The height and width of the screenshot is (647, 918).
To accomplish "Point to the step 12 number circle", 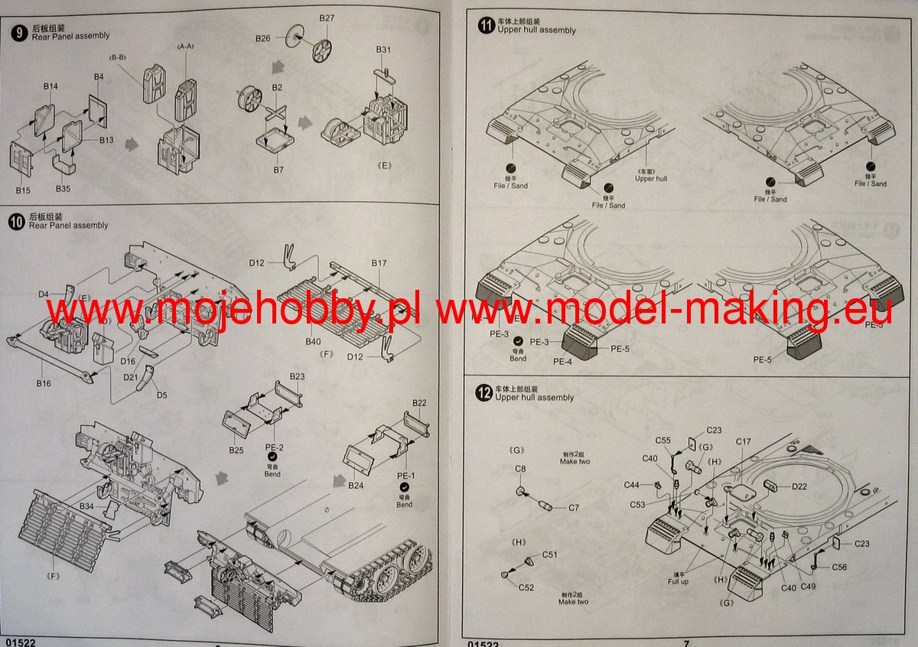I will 483,394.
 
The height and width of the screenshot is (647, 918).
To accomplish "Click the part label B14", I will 50,87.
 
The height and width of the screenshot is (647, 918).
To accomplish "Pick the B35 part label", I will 64,188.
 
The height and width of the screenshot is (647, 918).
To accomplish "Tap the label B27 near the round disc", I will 327,18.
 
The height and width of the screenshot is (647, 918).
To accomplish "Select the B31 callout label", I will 384,50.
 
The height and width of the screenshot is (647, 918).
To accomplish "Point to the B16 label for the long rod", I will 43,382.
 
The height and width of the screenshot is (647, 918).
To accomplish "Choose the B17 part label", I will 379,263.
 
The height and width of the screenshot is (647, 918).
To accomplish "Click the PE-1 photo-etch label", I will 405,475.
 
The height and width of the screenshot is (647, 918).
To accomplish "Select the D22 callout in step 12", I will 799,486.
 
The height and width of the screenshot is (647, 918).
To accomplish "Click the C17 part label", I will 744,442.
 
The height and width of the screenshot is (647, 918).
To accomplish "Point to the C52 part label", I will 526,587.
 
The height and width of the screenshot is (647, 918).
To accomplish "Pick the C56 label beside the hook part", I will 840,567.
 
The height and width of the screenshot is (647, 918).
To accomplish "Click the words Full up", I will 679,582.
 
